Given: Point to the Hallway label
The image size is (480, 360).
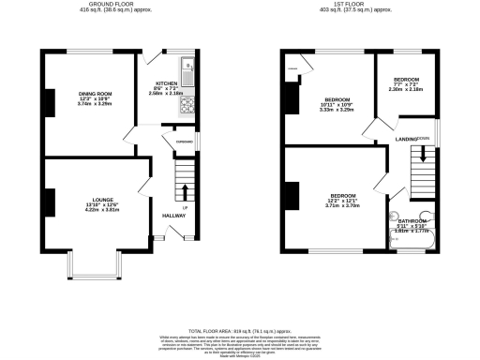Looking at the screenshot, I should point(175,216).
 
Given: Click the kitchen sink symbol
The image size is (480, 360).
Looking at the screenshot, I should point(187,69).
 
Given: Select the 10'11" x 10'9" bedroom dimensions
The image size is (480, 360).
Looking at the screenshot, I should point(337,104).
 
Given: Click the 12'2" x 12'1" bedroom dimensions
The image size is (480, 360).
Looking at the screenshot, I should point(344,200).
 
